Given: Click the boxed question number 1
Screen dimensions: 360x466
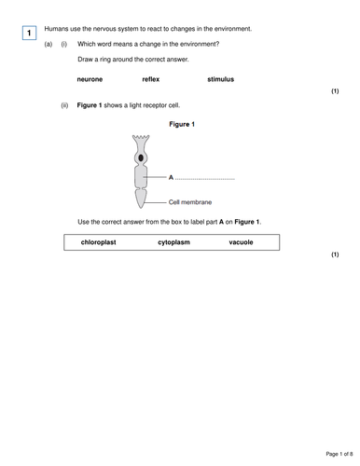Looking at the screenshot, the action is pos(30,34).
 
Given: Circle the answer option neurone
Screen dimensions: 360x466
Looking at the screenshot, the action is pos(90,79).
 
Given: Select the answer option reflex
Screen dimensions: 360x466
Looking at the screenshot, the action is pos(151,79).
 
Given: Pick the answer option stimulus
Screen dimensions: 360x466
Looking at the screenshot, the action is pos(220,79).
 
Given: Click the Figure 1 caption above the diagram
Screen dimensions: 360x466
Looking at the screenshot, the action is pos(182,124).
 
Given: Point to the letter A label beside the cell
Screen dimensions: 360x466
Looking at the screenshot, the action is pos(171,176).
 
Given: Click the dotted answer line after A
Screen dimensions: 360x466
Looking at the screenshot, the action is pos(205,177).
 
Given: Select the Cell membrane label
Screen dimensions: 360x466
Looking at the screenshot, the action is pos(190,201).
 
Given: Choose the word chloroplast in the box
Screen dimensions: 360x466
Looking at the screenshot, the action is pos(98,242).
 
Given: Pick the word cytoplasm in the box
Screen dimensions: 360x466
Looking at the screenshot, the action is pos(176,242).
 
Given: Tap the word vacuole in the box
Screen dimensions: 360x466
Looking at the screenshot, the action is pos(241,242).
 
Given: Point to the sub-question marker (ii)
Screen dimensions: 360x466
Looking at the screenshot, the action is pos(64,106).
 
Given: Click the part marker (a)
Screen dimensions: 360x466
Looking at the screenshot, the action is pos(48,44).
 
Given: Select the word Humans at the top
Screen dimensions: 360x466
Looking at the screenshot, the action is pos(57,29).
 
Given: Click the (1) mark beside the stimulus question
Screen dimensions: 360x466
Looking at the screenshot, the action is pos(335,92).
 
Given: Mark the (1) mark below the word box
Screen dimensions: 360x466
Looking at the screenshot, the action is pos(335,254).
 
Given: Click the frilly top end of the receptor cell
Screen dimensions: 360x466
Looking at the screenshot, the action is pos(142,141).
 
